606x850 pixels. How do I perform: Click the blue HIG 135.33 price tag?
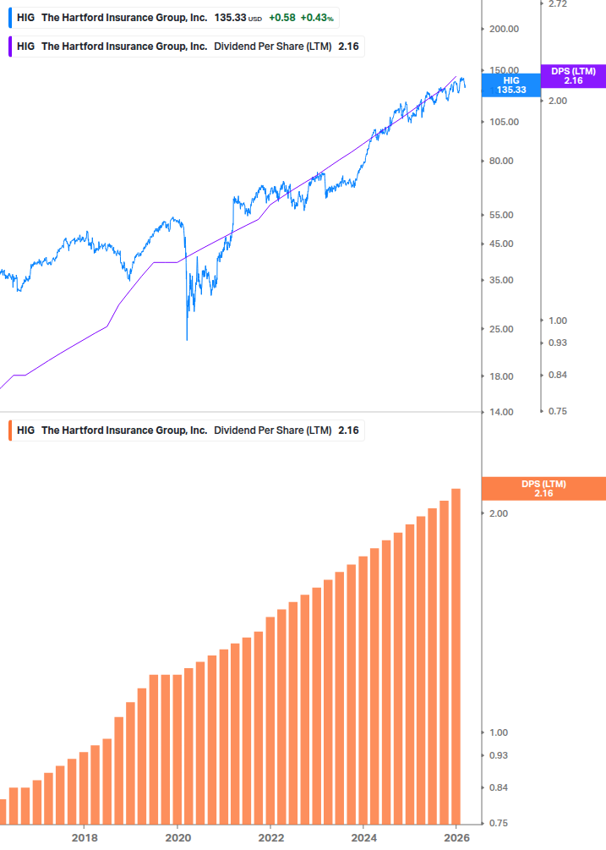point(510,85)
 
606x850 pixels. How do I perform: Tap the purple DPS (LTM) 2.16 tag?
point(573,76)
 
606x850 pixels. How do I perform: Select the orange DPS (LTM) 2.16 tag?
point(543,489)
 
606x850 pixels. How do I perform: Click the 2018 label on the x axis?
point(85,837)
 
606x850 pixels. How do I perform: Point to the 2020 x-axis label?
point(177,837)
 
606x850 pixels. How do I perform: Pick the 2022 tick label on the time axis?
point(270,837)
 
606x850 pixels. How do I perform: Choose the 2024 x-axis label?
point(363,837)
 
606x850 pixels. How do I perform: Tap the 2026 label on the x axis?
point(456,837)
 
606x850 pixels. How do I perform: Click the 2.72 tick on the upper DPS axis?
point(558,4)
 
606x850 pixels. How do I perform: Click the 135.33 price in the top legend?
point(230,18)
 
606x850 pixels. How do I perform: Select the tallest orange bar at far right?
point(456,655)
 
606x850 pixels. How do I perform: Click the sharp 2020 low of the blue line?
point(187,339)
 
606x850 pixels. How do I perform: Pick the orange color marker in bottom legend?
point(8,430)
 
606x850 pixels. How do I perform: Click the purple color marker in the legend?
point(8,47)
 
